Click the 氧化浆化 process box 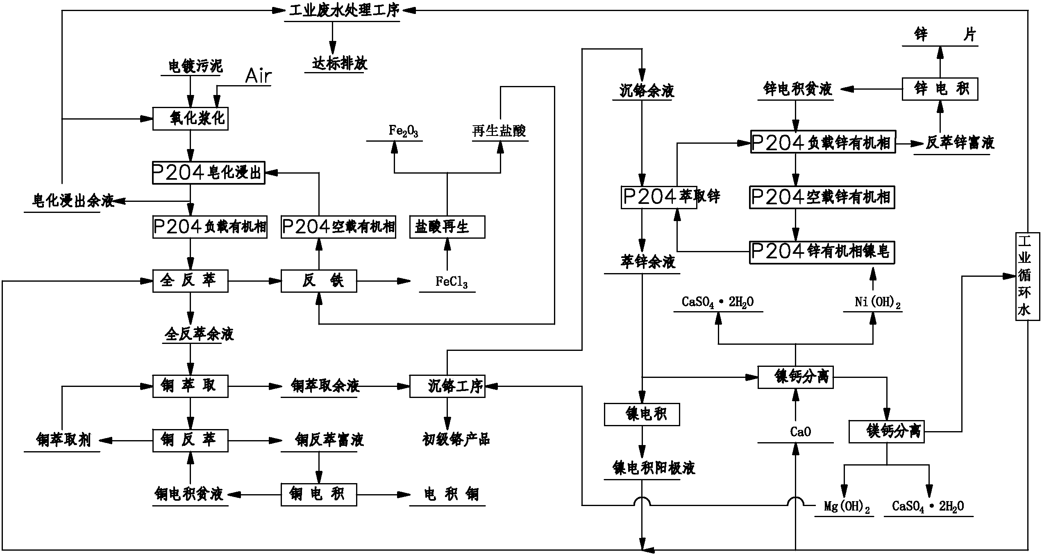tap(190, 119)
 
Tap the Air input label tap(258, 76)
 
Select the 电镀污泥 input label tap(195, 66)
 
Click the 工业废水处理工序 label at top tap(344, 11)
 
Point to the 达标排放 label tap(339, 63)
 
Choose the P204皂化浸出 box tap(208, 173)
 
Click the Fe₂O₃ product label tap(403, 131)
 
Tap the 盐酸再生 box tap(447, 227)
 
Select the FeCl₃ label tap(451, 282)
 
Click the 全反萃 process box tap(190, 281)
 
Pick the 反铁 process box tap(318, 281)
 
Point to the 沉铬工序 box tap(447, 386)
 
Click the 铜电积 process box tap(318, 494)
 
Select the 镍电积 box tap(642, 414)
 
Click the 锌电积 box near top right tap(940, 89)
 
